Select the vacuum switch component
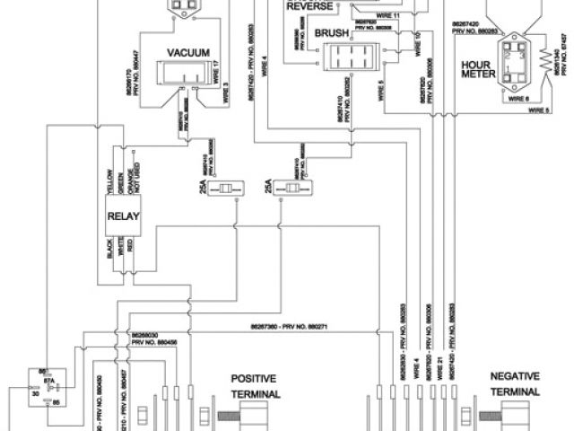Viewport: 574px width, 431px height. (184, 75)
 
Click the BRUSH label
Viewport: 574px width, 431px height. (332, 33)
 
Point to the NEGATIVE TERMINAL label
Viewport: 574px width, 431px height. (514, 384)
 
